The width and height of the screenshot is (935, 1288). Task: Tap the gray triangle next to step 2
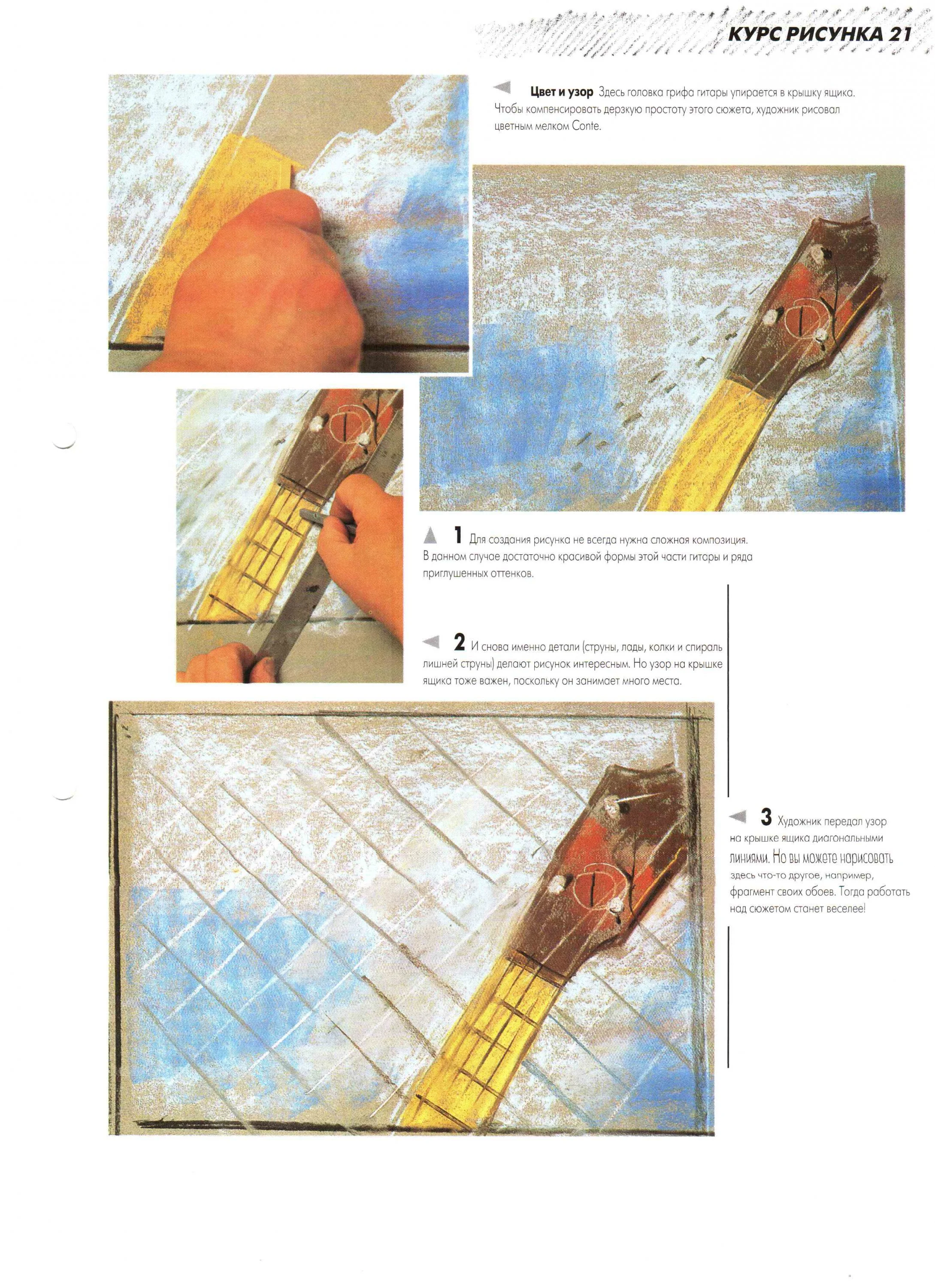pos(430,642)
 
